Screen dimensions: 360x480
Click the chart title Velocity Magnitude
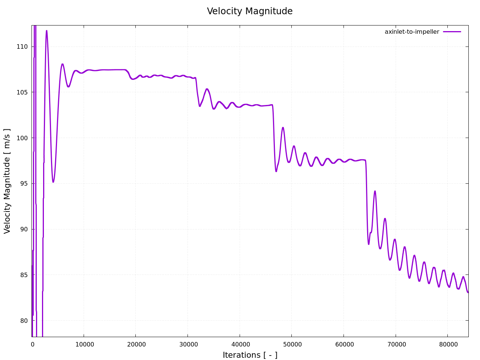point(250,11)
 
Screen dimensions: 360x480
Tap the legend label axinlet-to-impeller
point(412,32)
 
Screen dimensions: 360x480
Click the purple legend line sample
point(452,32)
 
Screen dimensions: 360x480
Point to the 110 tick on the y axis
point(22,47)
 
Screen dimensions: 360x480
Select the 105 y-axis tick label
point(22,92)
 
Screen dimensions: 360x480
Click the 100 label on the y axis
point(22,138)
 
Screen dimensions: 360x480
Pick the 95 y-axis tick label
point(24,184)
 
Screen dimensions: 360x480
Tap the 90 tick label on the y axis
point(24,229)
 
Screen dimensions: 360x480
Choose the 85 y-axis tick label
point(24,275)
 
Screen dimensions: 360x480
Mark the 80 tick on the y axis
point(24,321)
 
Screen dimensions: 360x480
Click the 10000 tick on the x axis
point(84,344)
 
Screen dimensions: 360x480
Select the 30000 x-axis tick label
point(187,344)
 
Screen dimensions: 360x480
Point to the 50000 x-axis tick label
point(292,344)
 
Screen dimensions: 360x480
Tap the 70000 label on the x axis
point(396,344)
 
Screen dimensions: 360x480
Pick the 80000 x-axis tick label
point(447,344)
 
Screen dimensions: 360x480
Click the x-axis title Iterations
point(250,355)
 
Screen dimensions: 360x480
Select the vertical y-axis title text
point(7,181)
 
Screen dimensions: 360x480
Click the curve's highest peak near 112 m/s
point(46,31)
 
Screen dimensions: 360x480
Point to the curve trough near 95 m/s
point(53,182)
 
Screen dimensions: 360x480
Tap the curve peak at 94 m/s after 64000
point(375,191)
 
